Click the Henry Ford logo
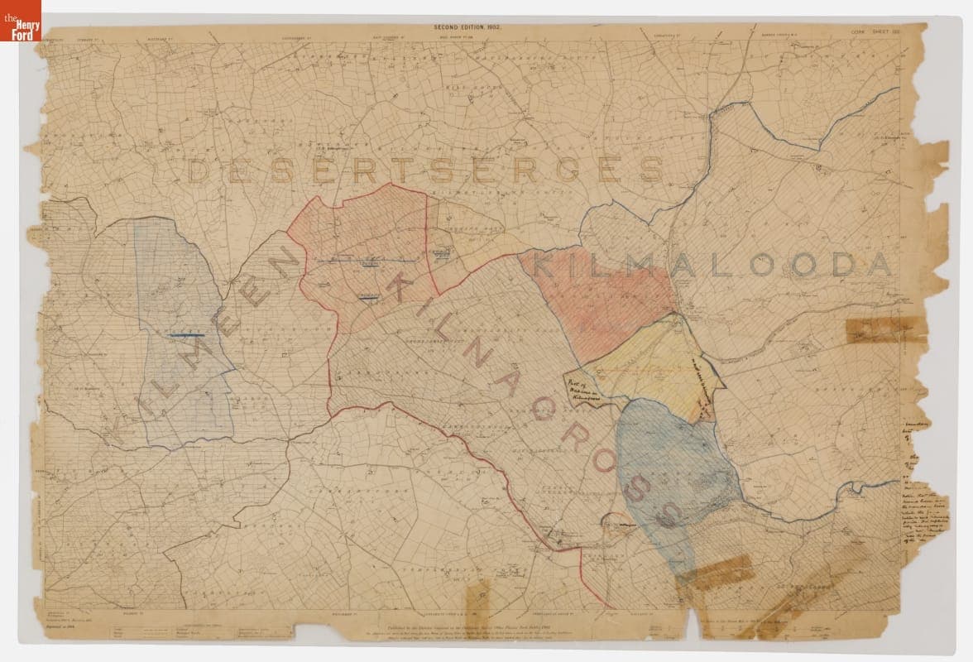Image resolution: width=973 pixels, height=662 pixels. pyautogui.click(x=21, y=21)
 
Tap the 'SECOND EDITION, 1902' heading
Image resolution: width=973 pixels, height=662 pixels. pyautogui.click(x=467, y=27)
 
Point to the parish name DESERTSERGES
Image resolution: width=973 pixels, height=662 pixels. pyautogui.click(x=426, y=170)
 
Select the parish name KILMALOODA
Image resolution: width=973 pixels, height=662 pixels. pyautogui.click(x=713, y=265)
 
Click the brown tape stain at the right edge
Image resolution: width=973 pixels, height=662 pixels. pyautogui.click(x=877, y=329)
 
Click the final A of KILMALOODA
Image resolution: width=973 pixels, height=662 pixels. pyautogui.click(x=879, y=265)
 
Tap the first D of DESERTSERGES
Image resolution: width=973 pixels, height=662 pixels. pyautogui.click(x=199, y=170)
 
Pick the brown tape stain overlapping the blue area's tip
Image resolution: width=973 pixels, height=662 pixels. pyautogui.click(x=716, y=572)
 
